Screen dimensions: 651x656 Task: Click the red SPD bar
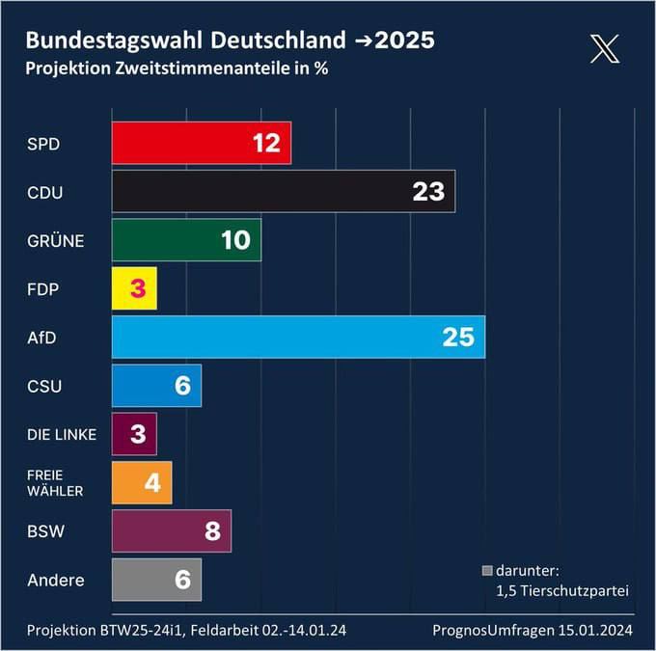pos(183,143)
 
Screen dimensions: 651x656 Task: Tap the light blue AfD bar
pos(280,337)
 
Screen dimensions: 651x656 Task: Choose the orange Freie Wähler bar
pos(130,482)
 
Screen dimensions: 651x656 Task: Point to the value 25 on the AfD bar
pos(458,337)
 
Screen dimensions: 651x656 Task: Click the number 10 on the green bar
pos(235,240)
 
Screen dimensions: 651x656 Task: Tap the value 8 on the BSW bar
pos(213,531)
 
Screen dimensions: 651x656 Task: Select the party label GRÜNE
pos(56,241)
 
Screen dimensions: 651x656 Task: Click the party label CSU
pos(45,387)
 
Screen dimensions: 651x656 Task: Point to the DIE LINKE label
pos(62,435)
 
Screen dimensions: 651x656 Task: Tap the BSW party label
pos(46,531)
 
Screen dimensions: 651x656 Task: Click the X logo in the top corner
pos(605,48)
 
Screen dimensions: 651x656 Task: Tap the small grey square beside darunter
pos(487,570)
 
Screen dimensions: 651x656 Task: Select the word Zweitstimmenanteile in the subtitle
pos(184,68)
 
